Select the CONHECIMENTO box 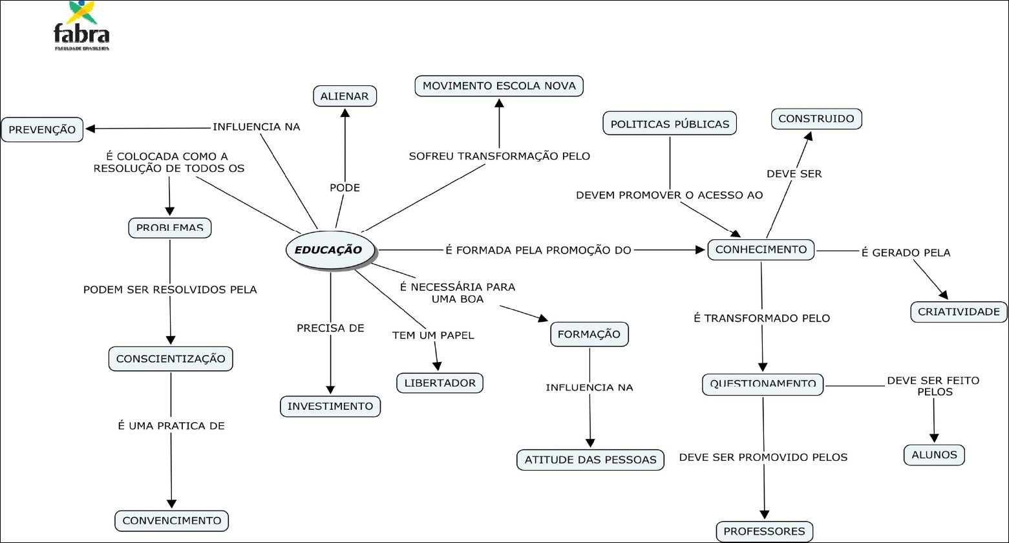761,250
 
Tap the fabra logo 81,27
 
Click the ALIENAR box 344,96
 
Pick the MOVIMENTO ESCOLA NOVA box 499,86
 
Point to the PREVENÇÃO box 42,129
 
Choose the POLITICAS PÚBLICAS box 670,123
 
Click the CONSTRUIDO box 816,119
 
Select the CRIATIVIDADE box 959,312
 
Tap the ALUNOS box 933,454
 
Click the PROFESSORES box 764,531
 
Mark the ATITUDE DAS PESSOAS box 590,460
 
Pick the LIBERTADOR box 440,383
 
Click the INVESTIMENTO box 330,406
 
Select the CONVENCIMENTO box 171,520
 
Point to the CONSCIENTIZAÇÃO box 171,359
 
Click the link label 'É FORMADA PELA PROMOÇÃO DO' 538,250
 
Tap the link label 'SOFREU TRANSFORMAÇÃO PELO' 499,156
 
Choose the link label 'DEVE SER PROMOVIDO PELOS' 763,457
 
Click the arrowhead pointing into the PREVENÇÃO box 91,128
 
